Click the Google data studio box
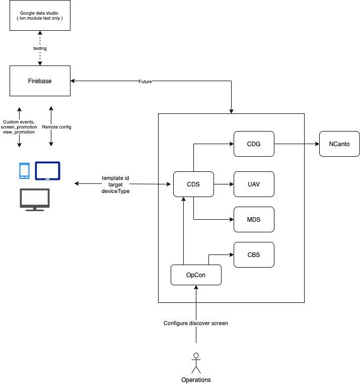coord(40,16)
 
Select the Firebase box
coord(40,81)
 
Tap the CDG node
coord(254,144)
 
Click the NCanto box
coord(339,144)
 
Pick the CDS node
coord(193,184)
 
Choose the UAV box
coord(254,184)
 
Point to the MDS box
coord(254,219)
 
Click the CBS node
coord(254,254)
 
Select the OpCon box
coord(196,275)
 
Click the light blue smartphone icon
coord(24,171)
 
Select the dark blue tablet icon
coord(47,171)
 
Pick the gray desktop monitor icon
coord(35,200)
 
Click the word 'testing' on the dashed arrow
coord(40,48)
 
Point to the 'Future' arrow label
coord(145,81)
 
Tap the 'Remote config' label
coord(56,127)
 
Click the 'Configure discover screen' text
coord(196,323)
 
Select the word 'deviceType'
coord(115,191)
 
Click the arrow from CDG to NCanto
coord(296,144)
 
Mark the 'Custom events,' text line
coord(19,122)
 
